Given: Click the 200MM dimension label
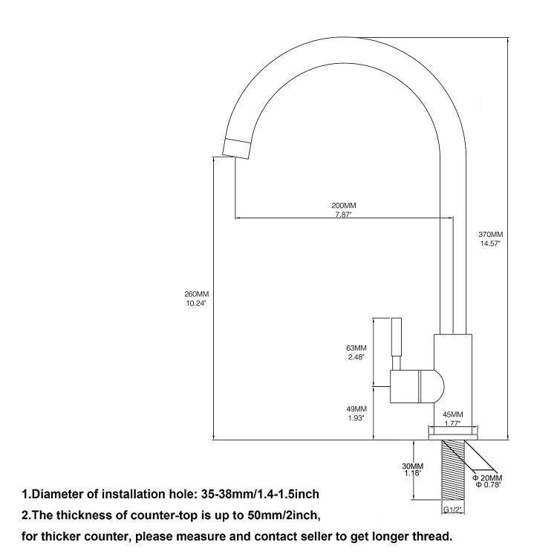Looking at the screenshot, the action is pyautogui.click(x=344, y=205).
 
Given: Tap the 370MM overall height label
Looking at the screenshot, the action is pyautogui.click(x=491, y=235).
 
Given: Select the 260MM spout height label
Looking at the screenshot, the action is pyautogui.click(x=197, y=294).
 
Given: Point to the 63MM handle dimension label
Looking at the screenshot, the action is pyautogui.click(x=356, y=348).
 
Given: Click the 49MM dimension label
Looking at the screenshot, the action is pyautogui.click(x=356, y=409).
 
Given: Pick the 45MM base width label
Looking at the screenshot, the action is pyautogui.click(x=452, y=414).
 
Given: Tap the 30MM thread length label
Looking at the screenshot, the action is pyautogui.click(x=412, y=466).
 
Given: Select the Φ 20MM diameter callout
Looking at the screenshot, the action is pyautogui.click(x=487, y=478).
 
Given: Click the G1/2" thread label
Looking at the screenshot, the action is pyautogui.click(x=452, y=510).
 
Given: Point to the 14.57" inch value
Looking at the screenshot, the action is pyautogui.click(x=491, y=244).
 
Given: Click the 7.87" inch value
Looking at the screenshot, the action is pyautogui.click(x=344, y=215).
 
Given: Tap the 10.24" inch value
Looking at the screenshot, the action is pyautogui.click(x=197, y=303).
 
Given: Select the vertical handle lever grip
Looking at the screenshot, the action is pyautogui.click(x=397, y=336).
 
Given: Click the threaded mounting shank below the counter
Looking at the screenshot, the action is pyautogui.click(x=453, y=469).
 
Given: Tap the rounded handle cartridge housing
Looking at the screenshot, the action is pyautogui.click(x=417, y=386).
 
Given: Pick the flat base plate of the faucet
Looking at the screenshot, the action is pyautogui.click(x=453, y=434).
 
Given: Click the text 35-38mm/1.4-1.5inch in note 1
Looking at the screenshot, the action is pyautogui.click(x=260, y=494).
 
